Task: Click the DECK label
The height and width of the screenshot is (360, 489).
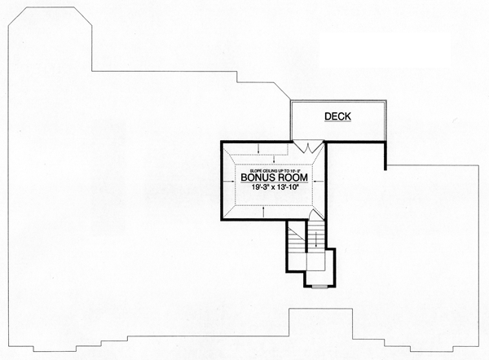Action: [x=337, y=116]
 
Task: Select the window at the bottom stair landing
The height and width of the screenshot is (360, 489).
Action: [x=319, y=287]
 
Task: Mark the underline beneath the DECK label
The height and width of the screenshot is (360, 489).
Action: [x=337, y=123]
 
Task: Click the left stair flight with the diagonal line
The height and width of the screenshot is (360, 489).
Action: [x=296, y=241]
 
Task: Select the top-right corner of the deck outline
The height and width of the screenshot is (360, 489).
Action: [x=384, y=103]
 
